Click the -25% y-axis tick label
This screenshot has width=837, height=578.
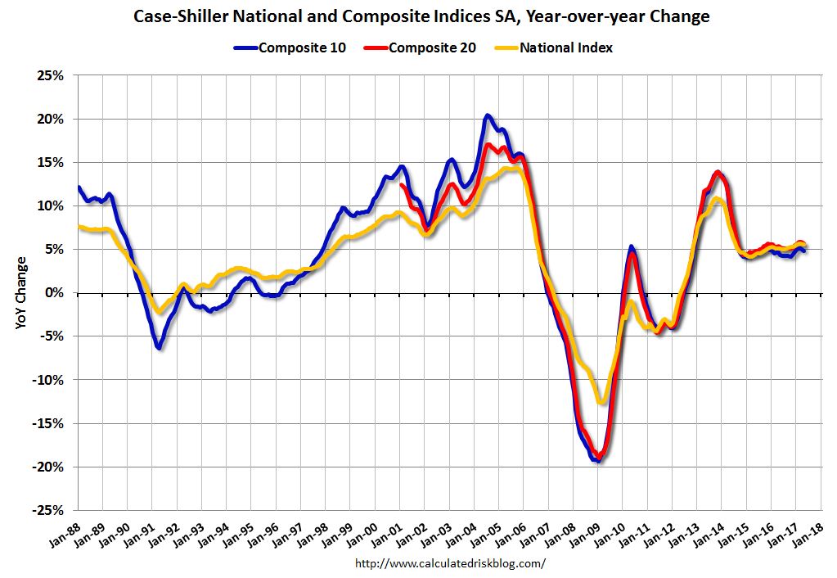48,510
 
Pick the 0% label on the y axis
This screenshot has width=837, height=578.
55,293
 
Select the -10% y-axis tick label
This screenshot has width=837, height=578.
48,380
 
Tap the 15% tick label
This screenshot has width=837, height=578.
51,163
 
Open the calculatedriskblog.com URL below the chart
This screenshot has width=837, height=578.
451,563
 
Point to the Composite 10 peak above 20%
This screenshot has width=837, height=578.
487,116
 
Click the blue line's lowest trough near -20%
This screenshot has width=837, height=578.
598,460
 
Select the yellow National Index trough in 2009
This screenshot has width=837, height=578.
602,402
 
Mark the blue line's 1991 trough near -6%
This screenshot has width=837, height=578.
159,348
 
